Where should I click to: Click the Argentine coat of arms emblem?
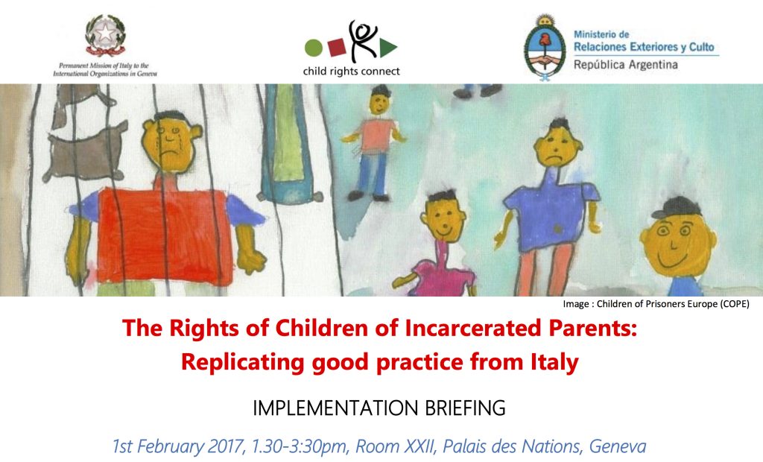pyautogui.click(x=544, y=45)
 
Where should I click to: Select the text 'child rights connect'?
pyautogui.click(x=352, y=72)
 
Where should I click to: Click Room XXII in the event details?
pyautogui.click(x=390, y=447)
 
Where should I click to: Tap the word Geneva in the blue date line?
pyautogui.click(x=617, y=447)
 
